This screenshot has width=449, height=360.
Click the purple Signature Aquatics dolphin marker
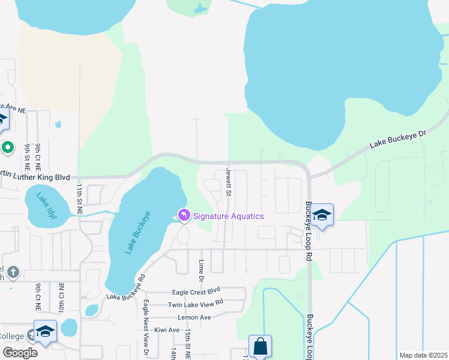pyautogui.click(x=184, y=215)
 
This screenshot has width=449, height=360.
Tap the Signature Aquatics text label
pyautogui.click(x=229, y=216)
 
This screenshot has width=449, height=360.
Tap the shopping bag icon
pyautogui.click(x=260, y=346)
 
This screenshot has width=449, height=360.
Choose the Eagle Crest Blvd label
pyautogui.click(x=197, y=292)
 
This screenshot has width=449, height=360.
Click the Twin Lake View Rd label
pyautogui.click(x=196, y=305)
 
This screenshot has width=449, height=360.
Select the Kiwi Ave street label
pyautogui.click(x=166, y=330)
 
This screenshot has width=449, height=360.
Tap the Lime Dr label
pyautogui.click(x=202, y=271)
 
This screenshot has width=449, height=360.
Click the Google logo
pyautogui.click(x=20, y=353)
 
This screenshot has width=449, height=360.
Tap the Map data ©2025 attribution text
pyautogui.click(x=423, y=355)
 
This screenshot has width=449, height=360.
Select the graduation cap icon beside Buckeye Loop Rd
pyautogui.click(x=322, y=215)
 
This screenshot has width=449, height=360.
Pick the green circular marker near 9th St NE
pyautogui.click(x=8, y=147)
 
